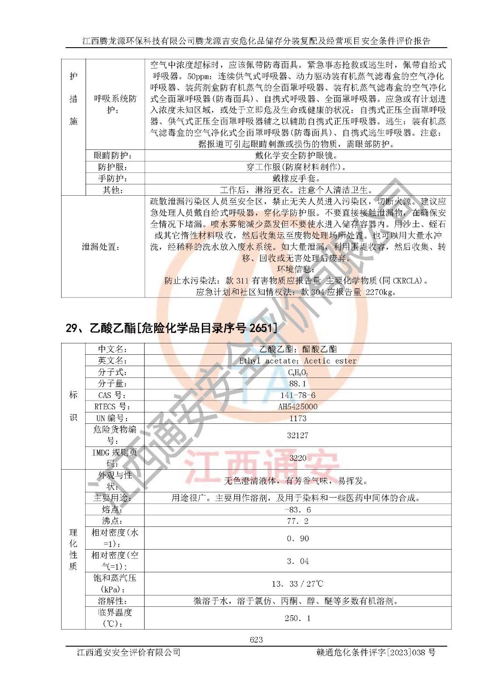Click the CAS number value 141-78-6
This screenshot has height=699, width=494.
[x=297, y=395]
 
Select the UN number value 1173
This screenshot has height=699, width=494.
[x=297, y=418]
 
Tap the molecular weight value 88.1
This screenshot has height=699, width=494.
[x=297, y=384]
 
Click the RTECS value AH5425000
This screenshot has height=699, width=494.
[x=297, y=406]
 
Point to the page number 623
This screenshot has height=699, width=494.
[x=256, y=640]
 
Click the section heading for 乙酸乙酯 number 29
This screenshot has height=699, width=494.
[x=171, y=328]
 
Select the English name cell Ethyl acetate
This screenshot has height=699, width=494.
[x=297, y=360]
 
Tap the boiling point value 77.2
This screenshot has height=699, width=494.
[x=297, y=521]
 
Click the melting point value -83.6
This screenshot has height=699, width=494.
[x=297, y=509]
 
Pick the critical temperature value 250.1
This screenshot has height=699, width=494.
[x=297, y=618]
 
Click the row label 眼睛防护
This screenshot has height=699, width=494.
[x=113, y=156]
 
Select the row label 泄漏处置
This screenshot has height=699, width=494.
[x=101, y=247]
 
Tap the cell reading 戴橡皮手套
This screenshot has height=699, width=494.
[x=297, y=178]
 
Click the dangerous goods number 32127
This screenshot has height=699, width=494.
[x=297, y=435]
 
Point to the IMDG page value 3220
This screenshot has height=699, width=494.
[x=297, y=458]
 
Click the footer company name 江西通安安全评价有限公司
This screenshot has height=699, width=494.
[x=128, y=652]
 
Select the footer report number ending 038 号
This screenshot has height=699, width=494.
[x=376, y=652]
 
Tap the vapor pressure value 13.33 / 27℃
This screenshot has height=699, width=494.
[x=297, y=584]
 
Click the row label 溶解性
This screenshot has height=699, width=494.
[x=113, y=601]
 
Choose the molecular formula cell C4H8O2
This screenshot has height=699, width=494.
[x=297, y=372]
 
